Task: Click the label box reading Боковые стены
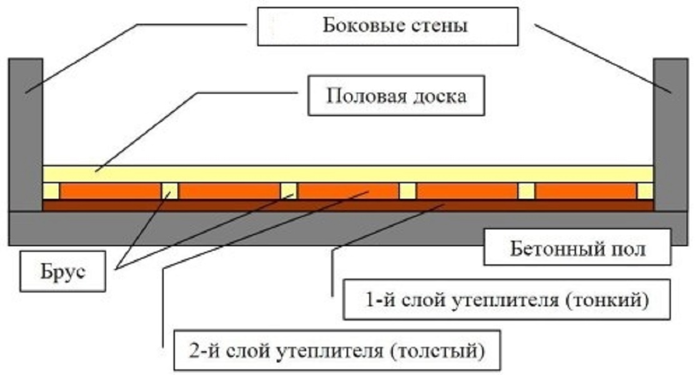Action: [x=388, y=26]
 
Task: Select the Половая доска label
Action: [x=396, y=96]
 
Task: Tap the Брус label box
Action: [x=63, y=271]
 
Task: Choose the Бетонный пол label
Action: [x=577, y=247]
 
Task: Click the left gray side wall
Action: [x=26, y=134]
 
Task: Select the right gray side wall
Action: [x=670, y=134]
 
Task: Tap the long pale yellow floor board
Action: [x=348, y=174]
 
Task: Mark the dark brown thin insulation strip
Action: [x=348, y=206]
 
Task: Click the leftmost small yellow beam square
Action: [x=51, y=191]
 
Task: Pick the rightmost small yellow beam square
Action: [x=645, y=191]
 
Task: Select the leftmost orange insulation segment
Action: [x=110, y=191]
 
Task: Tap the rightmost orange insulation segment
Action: [x=586, y=191]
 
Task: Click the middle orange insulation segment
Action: [x=348, y=191]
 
